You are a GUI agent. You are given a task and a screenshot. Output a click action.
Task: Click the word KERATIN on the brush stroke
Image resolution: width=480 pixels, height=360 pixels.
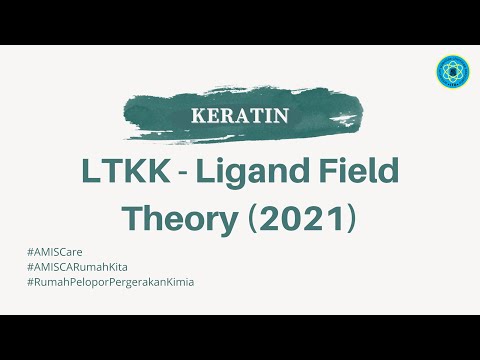click(x=239, y=114)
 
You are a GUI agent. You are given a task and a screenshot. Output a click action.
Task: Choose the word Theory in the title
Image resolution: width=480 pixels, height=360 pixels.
click(x=170, y=216)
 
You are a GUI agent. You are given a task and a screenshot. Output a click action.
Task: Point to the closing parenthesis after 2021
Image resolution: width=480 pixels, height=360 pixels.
click(x=351, y=217)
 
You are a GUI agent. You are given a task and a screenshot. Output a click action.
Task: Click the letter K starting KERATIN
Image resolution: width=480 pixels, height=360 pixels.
click(x=197, y=114)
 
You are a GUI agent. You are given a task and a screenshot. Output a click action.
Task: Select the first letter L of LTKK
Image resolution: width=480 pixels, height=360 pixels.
click(x=90, y=172)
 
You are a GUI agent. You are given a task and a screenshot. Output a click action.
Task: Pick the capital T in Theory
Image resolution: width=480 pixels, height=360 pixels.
click(x=131, y=216)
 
